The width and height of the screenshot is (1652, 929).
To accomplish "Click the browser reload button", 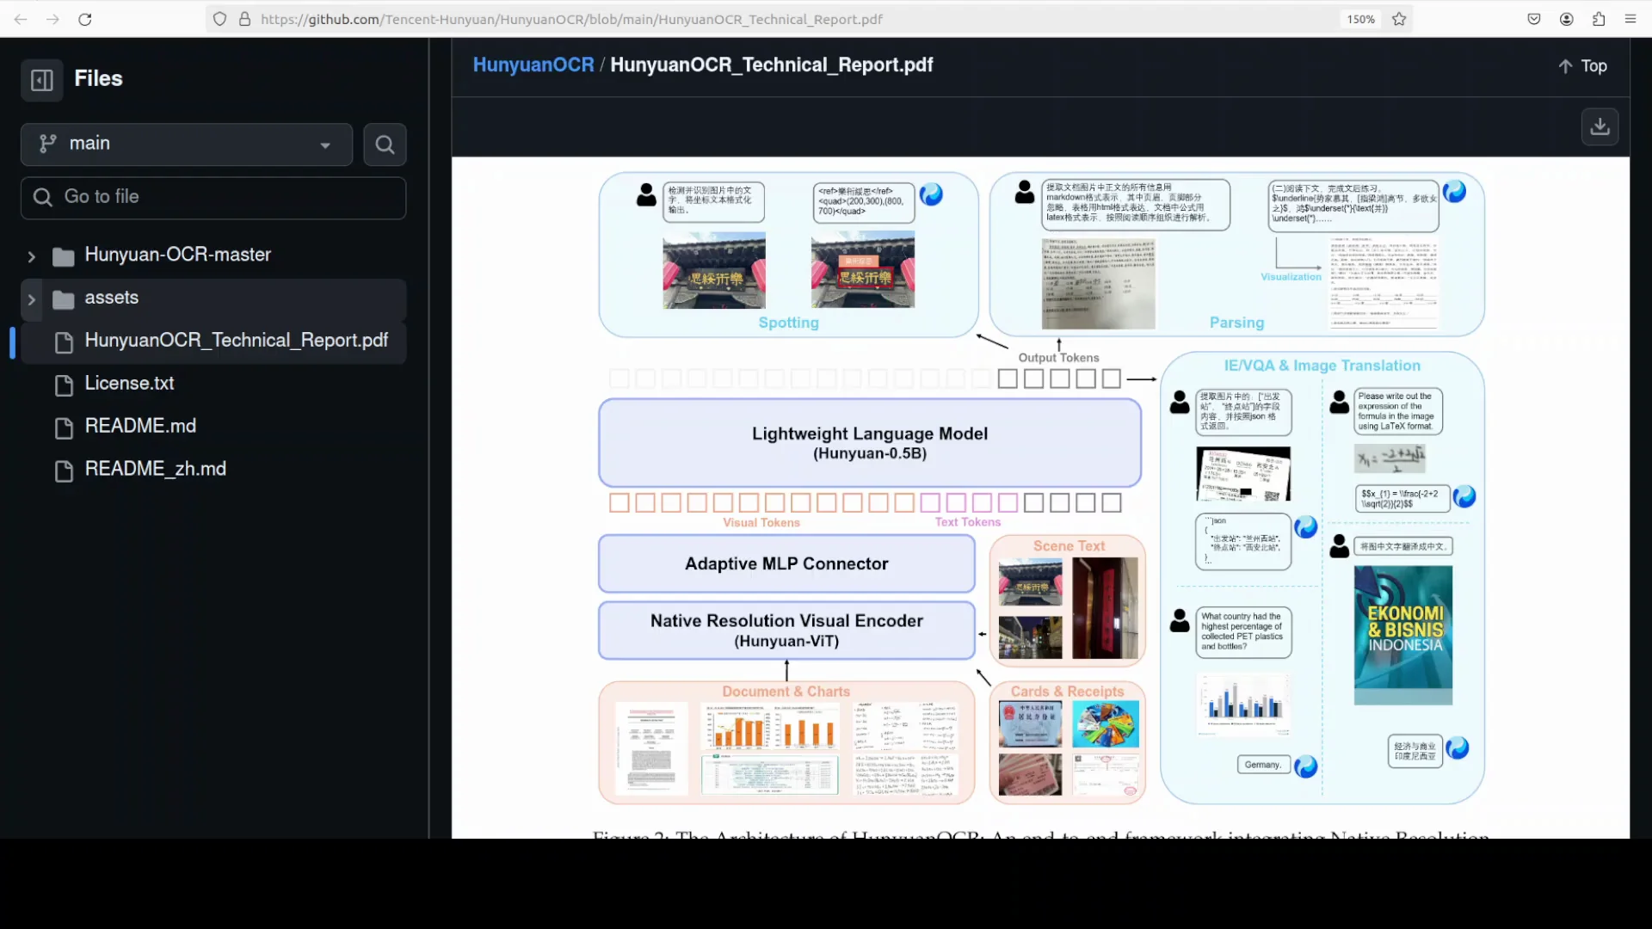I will (85, 19).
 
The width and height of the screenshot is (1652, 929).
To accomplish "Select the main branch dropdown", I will (186, 144).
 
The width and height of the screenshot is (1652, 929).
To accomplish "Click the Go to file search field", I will (213, 197).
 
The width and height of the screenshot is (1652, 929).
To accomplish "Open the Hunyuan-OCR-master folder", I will (177, 255).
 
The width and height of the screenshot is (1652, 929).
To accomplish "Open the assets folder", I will (111, 298).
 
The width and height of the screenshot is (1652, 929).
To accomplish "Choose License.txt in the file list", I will (129, 384).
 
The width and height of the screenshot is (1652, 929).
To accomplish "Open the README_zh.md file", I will (155, 469).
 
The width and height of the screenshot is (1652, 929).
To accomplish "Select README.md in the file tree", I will (140, 427).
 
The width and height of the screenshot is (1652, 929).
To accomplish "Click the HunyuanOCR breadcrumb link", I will (533, 65).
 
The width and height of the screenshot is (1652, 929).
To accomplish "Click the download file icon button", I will (1600, 126).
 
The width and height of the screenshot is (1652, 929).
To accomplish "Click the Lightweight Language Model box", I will (869, 442).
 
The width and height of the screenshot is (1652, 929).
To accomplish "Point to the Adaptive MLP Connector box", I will (786, 563).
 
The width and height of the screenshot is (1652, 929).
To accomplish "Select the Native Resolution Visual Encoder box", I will (786, 631).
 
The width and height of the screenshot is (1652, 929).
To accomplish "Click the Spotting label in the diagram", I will (788, 323).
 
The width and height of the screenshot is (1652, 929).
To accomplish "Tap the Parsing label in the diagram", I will (1236, 323).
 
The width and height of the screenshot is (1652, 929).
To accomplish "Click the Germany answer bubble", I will (1262, 765).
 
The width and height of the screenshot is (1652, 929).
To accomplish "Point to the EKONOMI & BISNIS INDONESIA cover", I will (1402, 635).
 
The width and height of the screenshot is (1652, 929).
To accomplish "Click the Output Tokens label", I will (1058, 358).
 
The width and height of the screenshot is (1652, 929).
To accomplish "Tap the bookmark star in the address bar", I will (1399, 19).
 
